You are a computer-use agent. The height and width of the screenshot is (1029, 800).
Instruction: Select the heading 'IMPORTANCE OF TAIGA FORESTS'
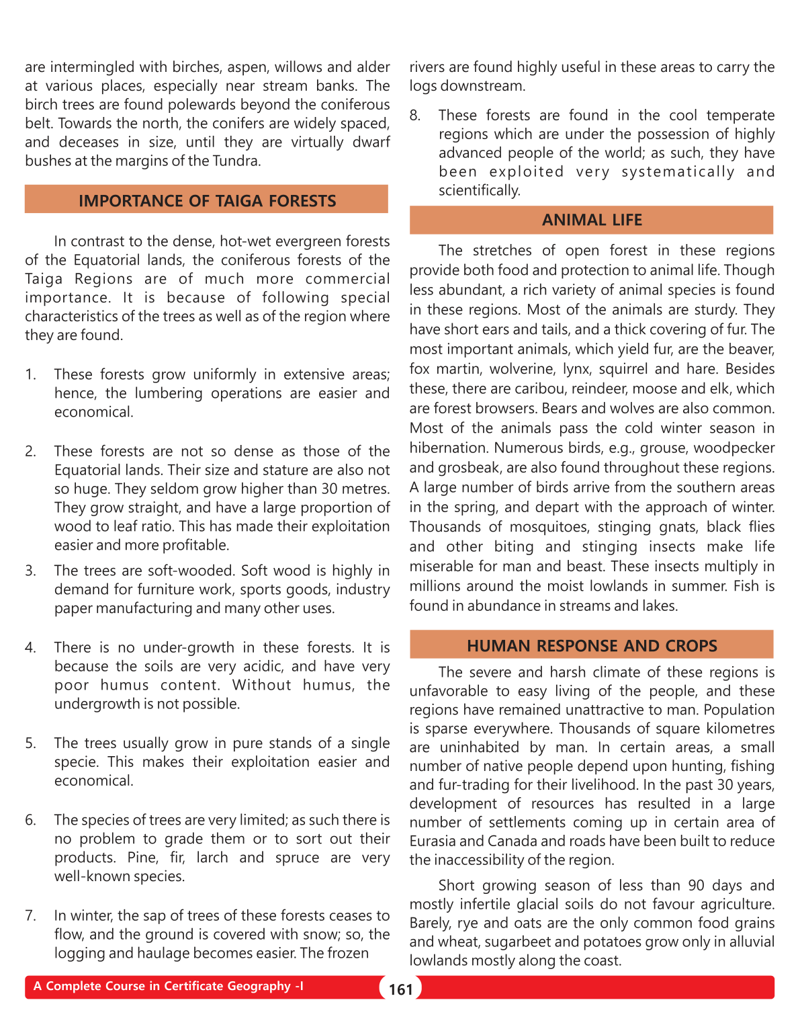point(207,201)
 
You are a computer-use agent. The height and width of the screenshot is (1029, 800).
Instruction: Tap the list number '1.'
point(31,374)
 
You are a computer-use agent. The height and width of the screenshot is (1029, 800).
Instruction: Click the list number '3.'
point(31,571)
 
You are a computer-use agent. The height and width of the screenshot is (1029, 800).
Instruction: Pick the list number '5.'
point(31,743)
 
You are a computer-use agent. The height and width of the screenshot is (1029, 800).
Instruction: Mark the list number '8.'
point(415,116)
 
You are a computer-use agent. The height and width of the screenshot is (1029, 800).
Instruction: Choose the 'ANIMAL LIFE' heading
point(592,220)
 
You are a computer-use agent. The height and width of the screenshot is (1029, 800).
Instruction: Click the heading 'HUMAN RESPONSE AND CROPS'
point(592,646)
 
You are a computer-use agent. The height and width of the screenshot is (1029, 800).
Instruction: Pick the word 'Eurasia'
point(433,841)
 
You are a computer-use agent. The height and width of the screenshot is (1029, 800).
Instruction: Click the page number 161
point(400,989)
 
